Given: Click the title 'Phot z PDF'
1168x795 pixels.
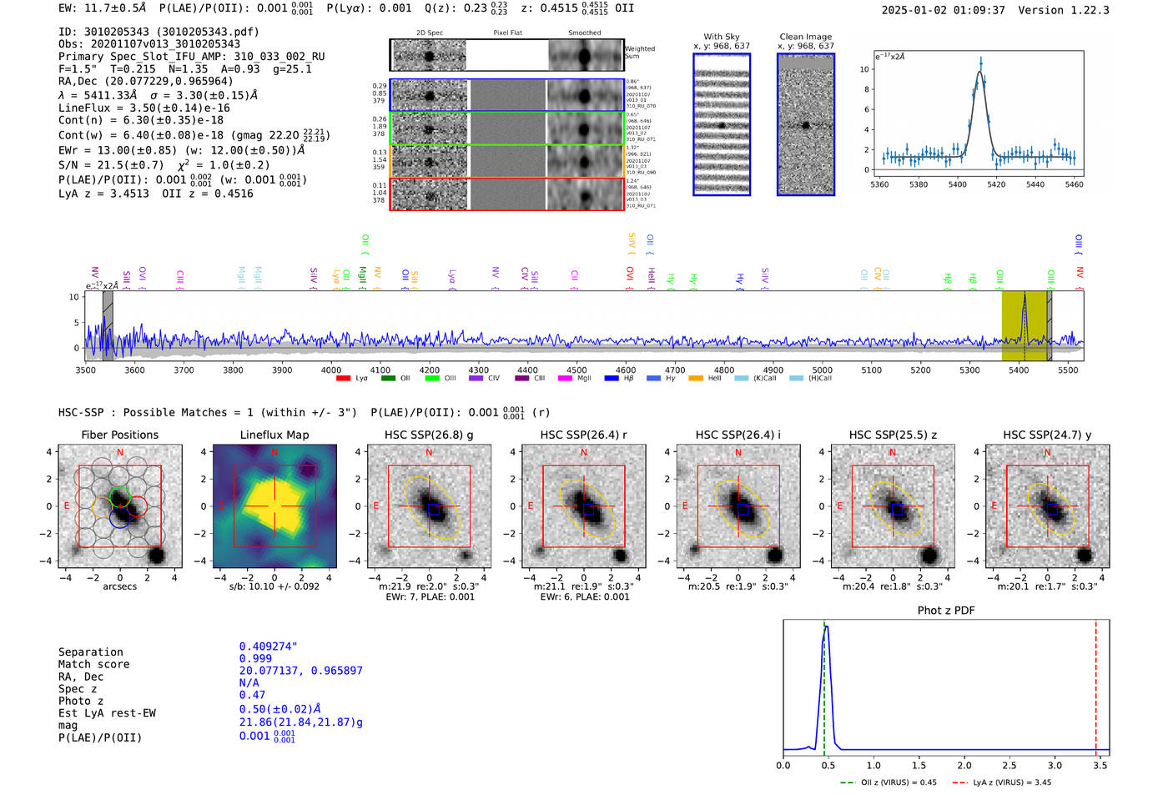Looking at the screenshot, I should point(946,611).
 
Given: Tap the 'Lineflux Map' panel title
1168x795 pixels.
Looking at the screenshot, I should point(274,435).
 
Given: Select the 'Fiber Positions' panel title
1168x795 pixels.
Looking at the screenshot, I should point(119,435).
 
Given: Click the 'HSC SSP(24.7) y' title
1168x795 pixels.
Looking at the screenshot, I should point(1047,435).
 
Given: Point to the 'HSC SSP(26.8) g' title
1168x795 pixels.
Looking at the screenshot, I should point(429,435).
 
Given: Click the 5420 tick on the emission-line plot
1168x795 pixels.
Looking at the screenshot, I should point(996,184).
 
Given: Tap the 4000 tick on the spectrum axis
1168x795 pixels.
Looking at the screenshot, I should point(331,370).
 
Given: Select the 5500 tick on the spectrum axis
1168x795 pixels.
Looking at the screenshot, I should point(1068,370).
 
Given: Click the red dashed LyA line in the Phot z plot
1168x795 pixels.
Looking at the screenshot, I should point(1096,684).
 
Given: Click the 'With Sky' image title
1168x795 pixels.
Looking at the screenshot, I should point(722,37).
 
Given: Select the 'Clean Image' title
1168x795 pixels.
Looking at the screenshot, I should point(806,37).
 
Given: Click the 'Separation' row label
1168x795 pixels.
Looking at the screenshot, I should point(91,652).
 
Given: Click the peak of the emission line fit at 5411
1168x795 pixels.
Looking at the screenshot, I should point(980,72).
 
